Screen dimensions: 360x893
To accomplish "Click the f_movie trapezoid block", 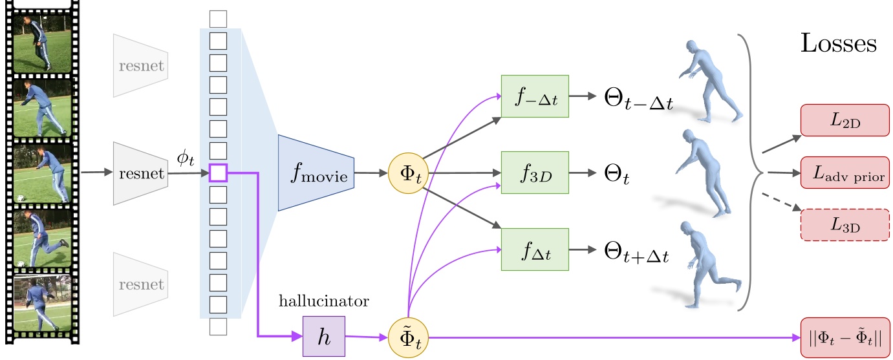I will point(316,173).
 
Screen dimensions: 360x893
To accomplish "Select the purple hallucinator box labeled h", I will point(324,337).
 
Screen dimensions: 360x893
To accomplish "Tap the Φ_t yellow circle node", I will point(408,173).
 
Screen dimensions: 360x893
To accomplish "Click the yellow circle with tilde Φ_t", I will point(408,337).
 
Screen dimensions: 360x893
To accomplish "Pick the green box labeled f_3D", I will point(535,173).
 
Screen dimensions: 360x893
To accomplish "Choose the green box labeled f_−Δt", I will point(535,96).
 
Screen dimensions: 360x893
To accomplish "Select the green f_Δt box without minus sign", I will point(535,249).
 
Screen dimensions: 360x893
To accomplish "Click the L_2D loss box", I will point(841,120).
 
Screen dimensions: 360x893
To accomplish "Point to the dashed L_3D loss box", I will point(841,225).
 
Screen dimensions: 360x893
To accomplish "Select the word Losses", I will point(839,44).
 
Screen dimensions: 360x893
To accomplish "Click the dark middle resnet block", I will point(140,173).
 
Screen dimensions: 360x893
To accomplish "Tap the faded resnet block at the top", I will point(140,66).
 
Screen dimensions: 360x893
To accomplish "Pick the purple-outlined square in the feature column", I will point(219,173).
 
